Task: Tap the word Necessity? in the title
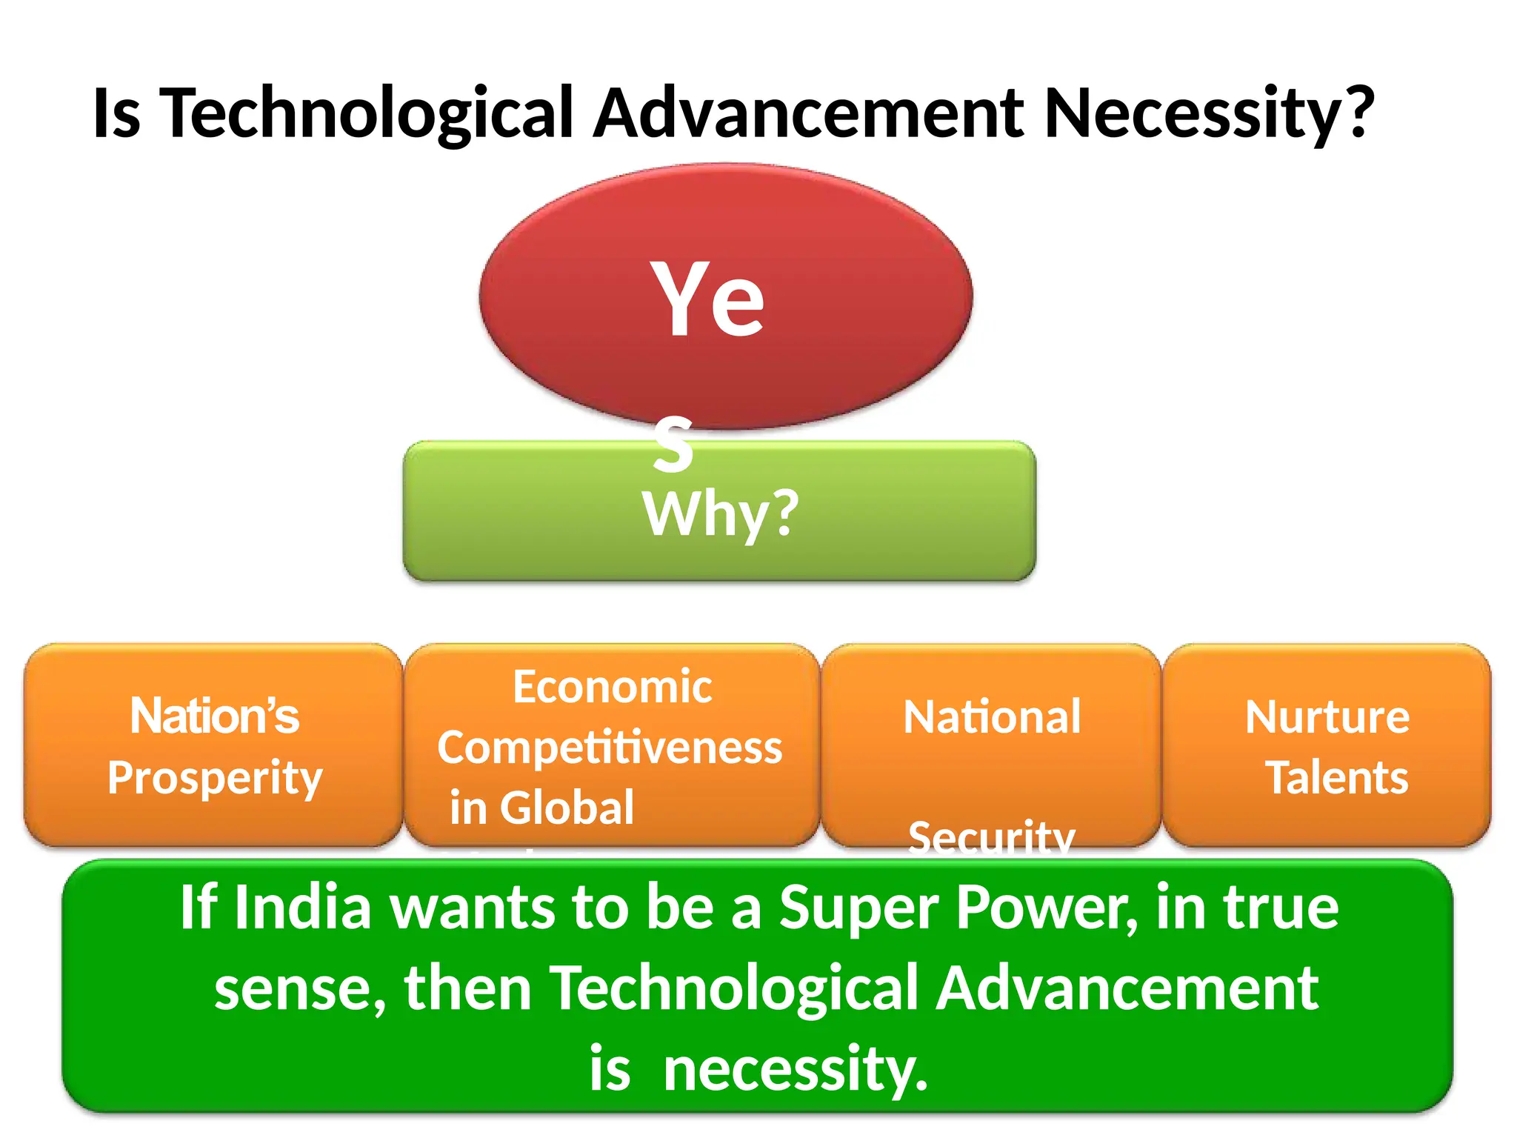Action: click(x=1209, y=113)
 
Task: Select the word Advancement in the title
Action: click(x=809, y=113)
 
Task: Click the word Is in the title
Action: click(x=116, y=113)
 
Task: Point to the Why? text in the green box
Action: click(x=721, y=513)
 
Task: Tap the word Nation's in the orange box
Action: click(x=215, y=716)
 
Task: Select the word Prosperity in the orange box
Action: click(x=215, y=778)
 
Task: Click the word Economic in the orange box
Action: click(x=613, y=687)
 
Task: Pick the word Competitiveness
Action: click(x=610, y=747)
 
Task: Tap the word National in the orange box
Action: click(x=992, y=716)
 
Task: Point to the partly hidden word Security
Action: click(x=991, y=837)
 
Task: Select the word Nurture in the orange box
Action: click(x=1327, y=716)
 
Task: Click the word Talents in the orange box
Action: click(x=1337, y=777)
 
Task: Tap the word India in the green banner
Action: click(x=302, y=908)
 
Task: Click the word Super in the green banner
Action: click(x=859, y=908)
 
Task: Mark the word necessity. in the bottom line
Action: click(x=796, y=1069)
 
